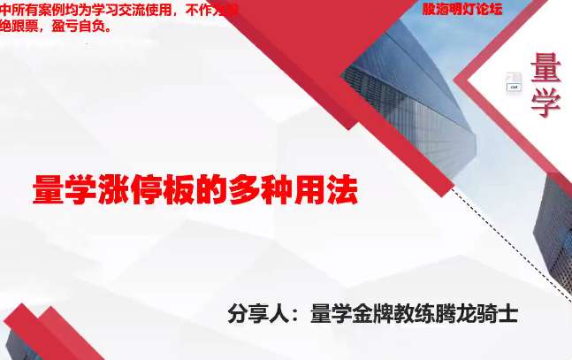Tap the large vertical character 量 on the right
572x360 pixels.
click(546, 67)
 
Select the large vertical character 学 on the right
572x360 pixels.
click(546, 103)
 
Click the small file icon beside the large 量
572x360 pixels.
click(514, 82)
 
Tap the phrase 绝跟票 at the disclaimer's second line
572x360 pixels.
click(19, 26)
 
